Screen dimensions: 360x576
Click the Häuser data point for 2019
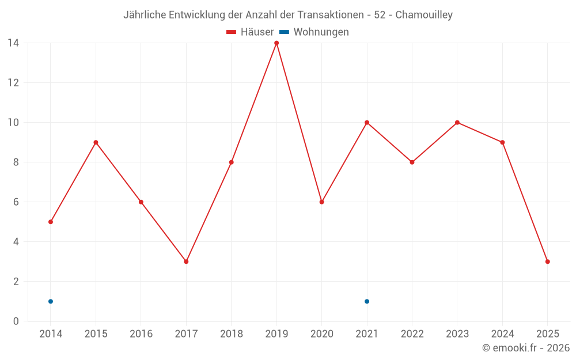[x=276, y=43]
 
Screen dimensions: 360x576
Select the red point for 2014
[x=51, y=222]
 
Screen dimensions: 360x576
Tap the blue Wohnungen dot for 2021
[x=367, y=301]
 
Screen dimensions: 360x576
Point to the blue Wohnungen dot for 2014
[x=51, y=301]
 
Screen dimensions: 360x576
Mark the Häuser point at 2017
[x=186, y=262]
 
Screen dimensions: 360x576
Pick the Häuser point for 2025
[x=547, y=262]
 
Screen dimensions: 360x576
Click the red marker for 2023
[x=457, y=122]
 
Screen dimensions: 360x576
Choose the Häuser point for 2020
[x=321, y=202]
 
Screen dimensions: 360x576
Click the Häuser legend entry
[x=250, y=32]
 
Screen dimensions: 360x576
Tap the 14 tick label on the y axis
[x=13, y=43]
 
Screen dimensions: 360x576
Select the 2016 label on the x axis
[x=141, y=334]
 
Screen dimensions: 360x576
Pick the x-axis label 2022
[x=412, y=334]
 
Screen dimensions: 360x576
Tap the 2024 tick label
[x=502, y=334]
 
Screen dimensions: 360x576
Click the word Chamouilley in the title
[x=424, y=15]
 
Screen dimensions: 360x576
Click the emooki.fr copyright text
[x=526, y=348]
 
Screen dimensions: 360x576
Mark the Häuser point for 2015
[x=96, y=142]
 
